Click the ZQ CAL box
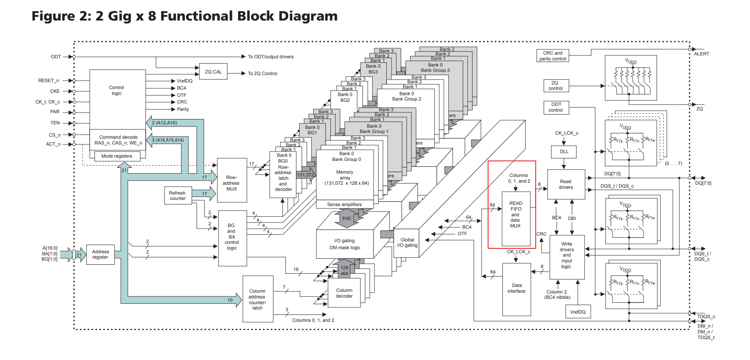[x=213, y=72]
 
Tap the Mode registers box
[x=117, y=156]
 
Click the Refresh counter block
[x=177, y=195]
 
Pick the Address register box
[x=100, y=255]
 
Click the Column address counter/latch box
[x=257, y=299]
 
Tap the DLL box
[x=564, y=151]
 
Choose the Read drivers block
[x=566, y=184]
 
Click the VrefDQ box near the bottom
[x=578, y=312]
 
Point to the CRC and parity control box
[x=553, y=56]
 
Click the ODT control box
[x=556, y=107]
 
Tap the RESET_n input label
[x=48, y=80]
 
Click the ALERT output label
[x=701, y=54]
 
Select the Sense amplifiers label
[x=344, y=204]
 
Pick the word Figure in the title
[x=53, y=16]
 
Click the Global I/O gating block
[x=407, y=243]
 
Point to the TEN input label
[x=55, y=123]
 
